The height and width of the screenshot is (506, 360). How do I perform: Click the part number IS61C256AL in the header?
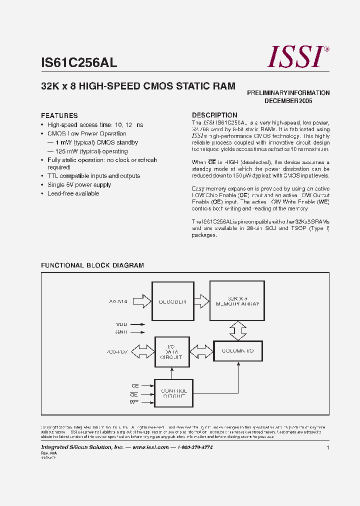point(79,62)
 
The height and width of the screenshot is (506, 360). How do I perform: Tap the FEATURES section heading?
point(59,115)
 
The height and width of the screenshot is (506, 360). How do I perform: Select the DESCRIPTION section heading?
point(214,115)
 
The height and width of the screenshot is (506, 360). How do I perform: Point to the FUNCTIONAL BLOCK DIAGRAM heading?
point(92,265)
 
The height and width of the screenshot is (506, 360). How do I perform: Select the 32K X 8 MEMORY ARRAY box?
point(237,300)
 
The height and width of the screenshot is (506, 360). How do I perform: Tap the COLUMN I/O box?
point(237,351)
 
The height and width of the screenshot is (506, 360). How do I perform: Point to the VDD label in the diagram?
point(121,324)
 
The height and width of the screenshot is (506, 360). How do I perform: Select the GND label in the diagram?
point(121,331)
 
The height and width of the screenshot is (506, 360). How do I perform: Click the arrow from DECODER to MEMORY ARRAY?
point(201,301)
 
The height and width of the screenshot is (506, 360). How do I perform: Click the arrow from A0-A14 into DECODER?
point(142,301)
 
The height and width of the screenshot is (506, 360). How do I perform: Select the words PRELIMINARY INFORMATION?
point(288,93)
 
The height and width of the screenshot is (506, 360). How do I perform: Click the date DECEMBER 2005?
point(288,101)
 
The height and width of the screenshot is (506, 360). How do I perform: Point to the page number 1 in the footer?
point(328,447)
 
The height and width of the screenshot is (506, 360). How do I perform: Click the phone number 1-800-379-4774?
point(195,447)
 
